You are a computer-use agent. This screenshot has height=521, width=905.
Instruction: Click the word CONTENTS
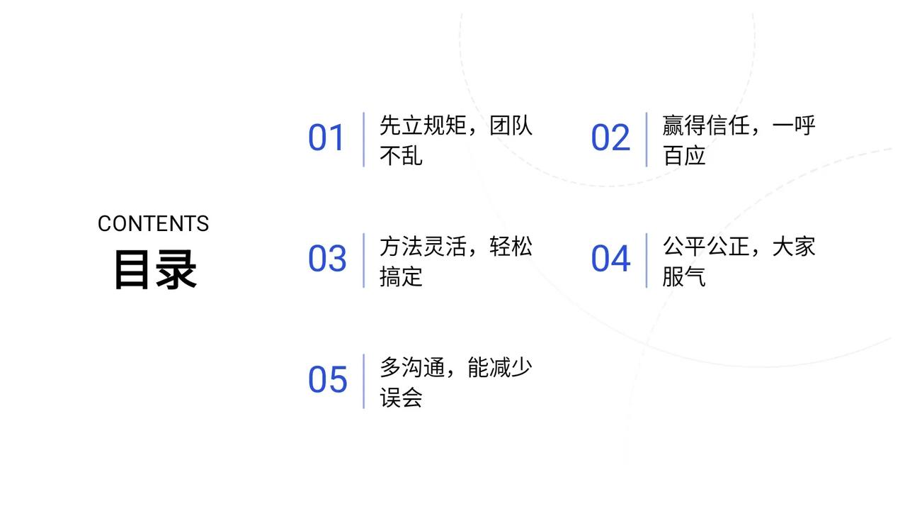click(x=153, y=224)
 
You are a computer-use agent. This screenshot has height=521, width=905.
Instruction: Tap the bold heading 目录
click(x=155, y=270)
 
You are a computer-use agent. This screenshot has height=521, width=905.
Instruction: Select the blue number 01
click(x=326, y=138)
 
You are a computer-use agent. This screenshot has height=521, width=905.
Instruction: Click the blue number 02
click(x=610, y=138)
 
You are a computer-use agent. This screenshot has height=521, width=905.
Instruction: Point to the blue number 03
click(x=326, y=259)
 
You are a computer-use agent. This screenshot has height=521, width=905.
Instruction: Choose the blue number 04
click(x=610, y=259)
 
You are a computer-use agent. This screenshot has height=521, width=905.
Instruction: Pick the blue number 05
click(x=326, y=381)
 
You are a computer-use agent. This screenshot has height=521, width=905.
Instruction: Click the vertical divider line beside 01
click(x=363, y=140)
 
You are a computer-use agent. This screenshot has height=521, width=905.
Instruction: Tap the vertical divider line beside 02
click(x=647, y=140)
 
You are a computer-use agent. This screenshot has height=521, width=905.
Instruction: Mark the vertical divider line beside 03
click(x=363, y=260)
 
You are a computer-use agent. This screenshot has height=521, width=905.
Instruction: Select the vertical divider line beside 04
click(x=647, y=260)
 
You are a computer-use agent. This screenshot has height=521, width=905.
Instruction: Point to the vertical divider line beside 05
click(x=363, y=381)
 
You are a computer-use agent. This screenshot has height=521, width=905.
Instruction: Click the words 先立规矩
click(x=423, y=125)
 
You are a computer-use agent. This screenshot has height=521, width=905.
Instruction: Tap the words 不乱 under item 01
click(x=401, y=155)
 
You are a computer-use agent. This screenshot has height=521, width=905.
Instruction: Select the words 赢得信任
click(x=706, y=125)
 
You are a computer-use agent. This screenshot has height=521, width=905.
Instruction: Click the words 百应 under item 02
click(x=684, y=155)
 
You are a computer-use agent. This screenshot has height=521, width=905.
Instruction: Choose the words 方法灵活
click(x=423, y=247)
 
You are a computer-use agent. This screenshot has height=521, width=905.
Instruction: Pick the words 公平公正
click(x=706, y=247)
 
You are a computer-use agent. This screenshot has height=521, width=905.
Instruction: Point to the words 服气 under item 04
click(x=684, y=276)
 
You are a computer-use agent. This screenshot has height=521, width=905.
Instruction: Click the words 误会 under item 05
click(x=401, y=398)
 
